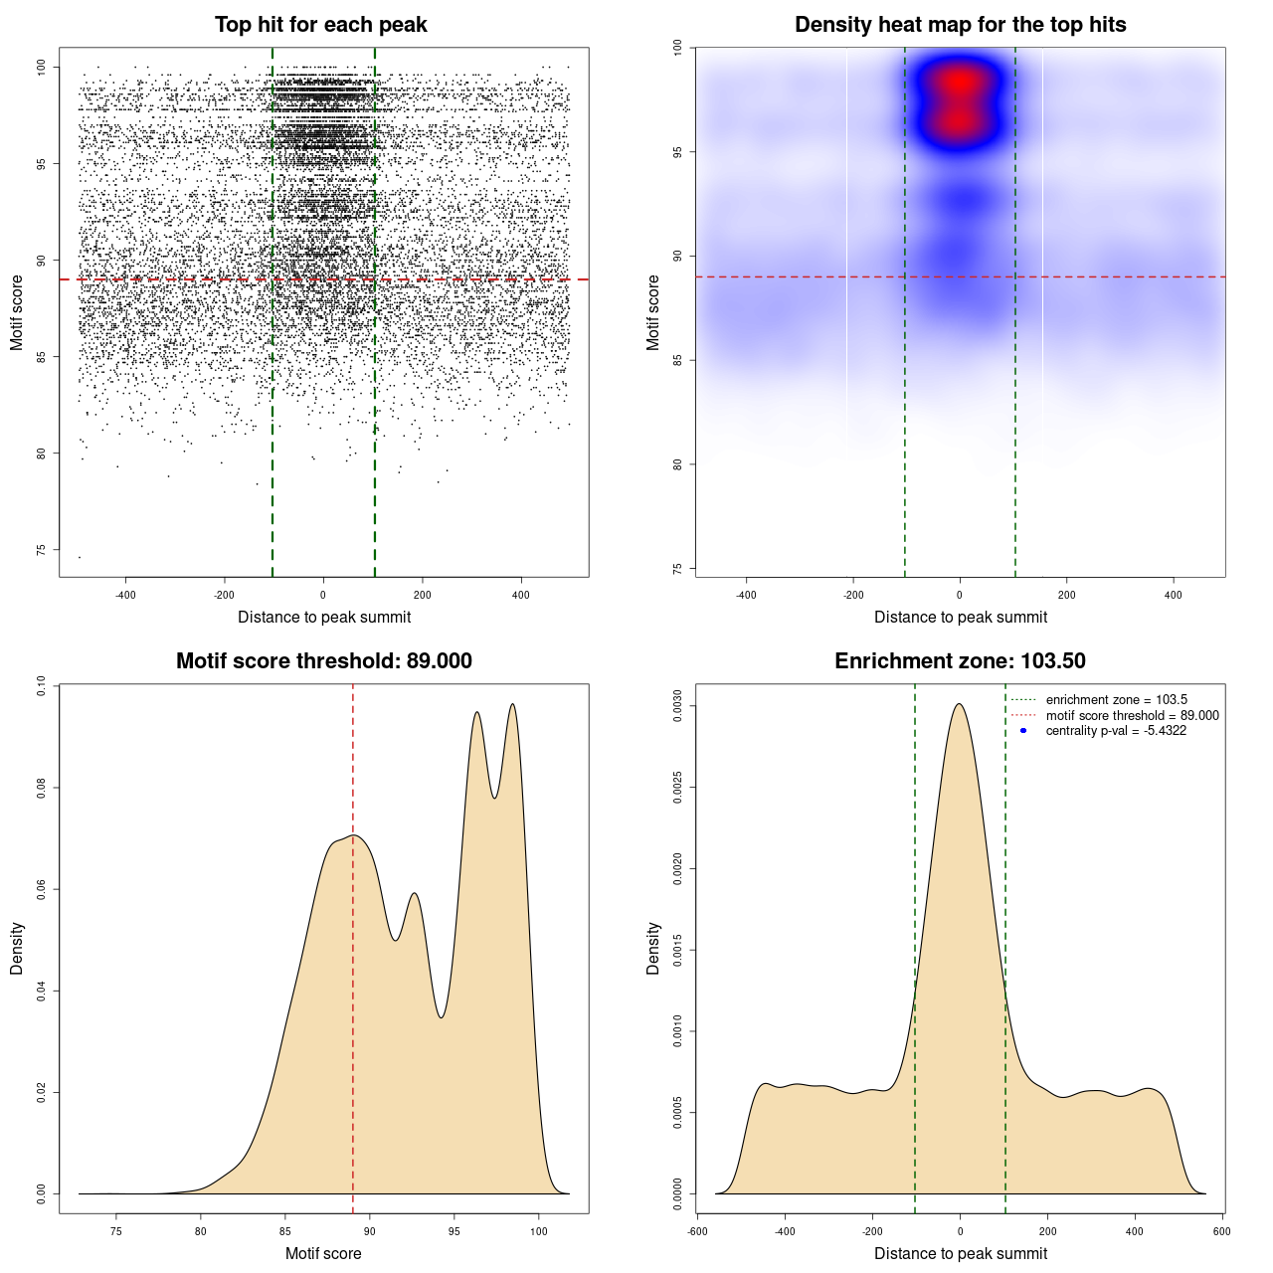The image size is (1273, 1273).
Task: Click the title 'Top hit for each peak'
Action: click(320, 25)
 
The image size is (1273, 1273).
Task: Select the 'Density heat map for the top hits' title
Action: click(960, 25)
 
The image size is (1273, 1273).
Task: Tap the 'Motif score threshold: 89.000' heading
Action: click(323, 661)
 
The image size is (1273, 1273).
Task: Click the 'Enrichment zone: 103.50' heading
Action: click(960, 661)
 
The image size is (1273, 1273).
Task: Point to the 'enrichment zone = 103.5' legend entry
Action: click(1116, 699)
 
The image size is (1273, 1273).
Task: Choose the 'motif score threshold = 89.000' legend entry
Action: click(1132, 715)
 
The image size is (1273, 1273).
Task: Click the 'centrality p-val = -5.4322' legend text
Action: click(1116, 731)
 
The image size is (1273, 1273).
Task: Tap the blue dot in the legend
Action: click(1023, 731)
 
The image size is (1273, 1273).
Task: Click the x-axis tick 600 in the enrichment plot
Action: click(1222, 1231)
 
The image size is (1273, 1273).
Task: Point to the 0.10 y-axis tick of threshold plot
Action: click(41, 685)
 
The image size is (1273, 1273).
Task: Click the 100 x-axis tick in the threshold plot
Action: click(539, 1231)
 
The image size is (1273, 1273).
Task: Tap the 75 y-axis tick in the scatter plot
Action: click(41, 550)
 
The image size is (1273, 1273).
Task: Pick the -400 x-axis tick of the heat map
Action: click(746, 595)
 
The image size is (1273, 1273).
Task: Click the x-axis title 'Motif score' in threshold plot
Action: click(323, 1253)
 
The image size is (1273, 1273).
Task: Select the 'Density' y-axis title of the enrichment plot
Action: click(653, 948)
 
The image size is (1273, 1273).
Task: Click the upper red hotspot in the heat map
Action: click(959, 82)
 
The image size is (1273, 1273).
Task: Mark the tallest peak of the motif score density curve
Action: click(512, 705)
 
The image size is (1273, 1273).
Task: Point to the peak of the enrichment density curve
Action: click(960, 704)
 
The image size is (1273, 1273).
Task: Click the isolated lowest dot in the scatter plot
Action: click(80, 557)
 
